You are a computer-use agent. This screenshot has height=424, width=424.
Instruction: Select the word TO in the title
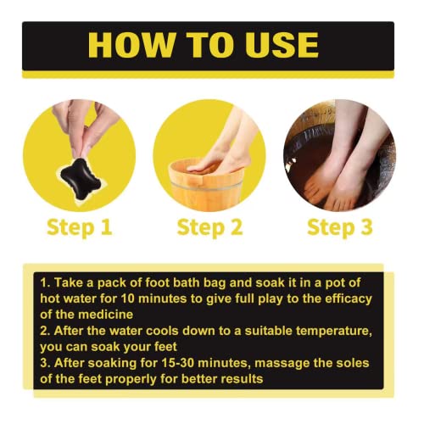[209, 45]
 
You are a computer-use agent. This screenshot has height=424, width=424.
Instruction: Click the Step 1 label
[80, 227]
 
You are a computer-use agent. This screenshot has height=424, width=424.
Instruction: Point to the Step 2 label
[209, 227]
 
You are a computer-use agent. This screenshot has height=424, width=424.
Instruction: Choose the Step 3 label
[340, 227]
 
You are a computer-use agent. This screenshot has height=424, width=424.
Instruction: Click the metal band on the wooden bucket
[206, 186]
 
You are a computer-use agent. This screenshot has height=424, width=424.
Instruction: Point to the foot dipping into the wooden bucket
[223, 144]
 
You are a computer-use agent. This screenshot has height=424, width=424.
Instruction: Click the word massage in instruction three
[281, 364]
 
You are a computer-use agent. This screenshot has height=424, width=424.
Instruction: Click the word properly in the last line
[131, 380]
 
